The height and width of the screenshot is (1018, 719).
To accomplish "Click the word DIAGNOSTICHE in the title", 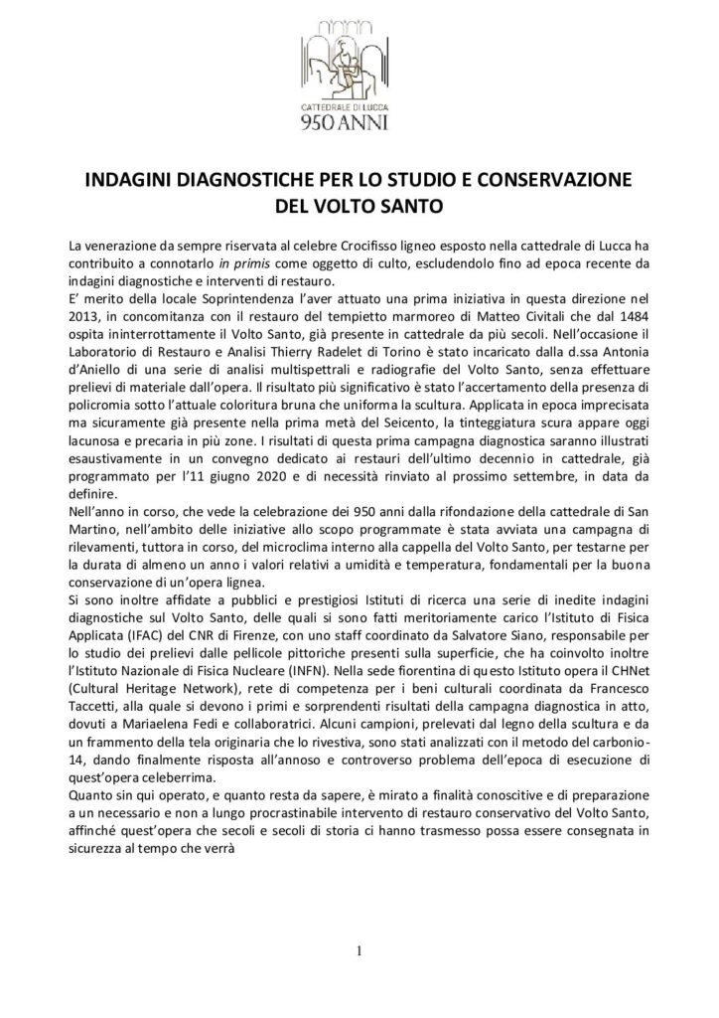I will click(261, 184).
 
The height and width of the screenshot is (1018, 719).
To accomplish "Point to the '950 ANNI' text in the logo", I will click(359, 123).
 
